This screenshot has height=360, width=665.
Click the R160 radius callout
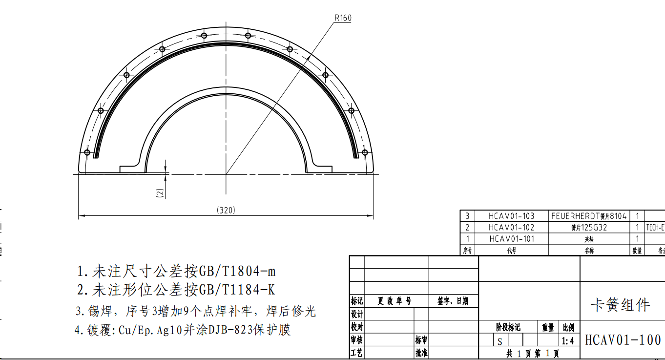(343, 18)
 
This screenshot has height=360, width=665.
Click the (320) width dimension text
(226, 210)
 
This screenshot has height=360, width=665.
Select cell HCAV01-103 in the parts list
(511, 215)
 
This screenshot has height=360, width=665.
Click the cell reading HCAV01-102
(511, 227)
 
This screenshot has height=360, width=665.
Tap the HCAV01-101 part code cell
(511, 239)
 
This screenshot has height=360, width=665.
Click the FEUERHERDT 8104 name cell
(588, 215)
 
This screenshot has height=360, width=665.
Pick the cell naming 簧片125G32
(588, 227)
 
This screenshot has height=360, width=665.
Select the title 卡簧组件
(621, 305)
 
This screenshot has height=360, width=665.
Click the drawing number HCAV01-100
(623, 340)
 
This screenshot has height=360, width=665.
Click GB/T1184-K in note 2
(236, 290)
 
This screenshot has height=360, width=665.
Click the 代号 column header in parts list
(511, 251)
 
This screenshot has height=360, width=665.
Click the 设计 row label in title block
(357, 314)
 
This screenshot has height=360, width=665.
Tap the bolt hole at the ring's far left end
(87, 152)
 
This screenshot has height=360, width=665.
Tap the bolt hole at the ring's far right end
(365, 152)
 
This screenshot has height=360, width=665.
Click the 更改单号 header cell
(395, 301)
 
